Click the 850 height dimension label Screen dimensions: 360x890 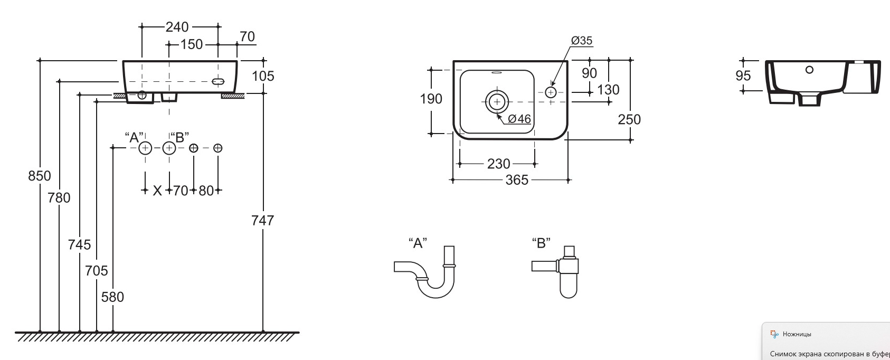pos(40,176)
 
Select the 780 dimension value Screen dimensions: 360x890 pos(59,198)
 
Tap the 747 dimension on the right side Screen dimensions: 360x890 pos(262,220)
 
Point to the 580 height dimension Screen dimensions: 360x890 pos(112,297)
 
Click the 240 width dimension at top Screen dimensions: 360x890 pos(177,26)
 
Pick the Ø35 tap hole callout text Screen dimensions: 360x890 pos(582,41)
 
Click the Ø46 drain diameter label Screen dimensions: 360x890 pos(519,119)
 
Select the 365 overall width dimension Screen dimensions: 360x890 pos(517,180)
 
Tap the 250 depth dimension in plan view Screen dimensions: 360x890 pos(629,119)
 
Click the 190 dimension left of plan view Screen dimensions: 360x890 pos(431,99)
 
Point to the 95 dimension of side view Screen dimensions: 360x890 pos(743,76)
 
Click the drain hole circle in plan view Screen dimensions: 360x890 pos(496,101)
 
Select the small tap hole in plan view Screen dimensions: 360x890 pos(551,92)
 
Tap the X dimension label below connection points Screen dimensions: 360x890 pos(157,191)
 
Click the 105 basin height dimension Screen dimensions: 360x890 pos(263,76)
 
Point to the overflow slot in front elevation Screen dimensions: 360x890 pos(219,82)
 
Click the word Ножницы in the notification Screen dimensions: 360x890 pos(797,334)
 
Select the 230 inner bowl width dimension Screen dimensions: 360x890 pos(498,164)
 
